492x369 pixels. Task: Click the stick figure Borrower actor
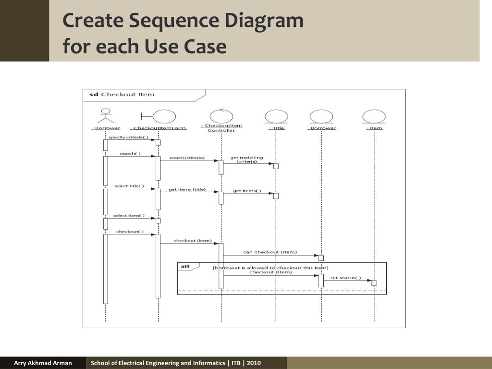105,116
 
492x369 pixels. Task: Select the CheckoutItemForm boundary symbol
159,116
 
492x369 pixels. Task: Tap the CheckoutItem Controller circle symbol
221,116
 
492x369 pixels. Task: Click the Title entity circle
276,116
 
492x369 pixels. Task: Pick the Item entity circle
374,116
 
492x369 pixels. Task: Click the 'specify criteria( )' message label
128,137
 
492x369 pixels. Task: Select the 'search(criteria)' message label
186,158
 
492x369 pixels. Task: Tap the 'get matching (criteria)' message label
246,160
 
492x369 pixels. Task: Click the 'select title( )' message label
129,186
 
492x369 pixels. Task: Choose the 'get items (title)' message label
187,189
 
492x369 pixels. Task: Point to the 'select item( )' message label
129,216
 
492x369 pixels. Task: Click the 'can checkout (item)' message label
270,252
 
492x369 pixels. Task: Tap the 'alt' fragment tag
185,266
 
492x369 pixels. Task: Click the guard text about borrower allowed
271,268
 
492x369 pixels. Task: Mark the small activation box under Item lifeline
374,283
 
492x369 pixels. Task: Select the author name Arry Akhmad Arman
43,363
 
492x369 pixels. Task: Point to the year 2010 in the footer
254,363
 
